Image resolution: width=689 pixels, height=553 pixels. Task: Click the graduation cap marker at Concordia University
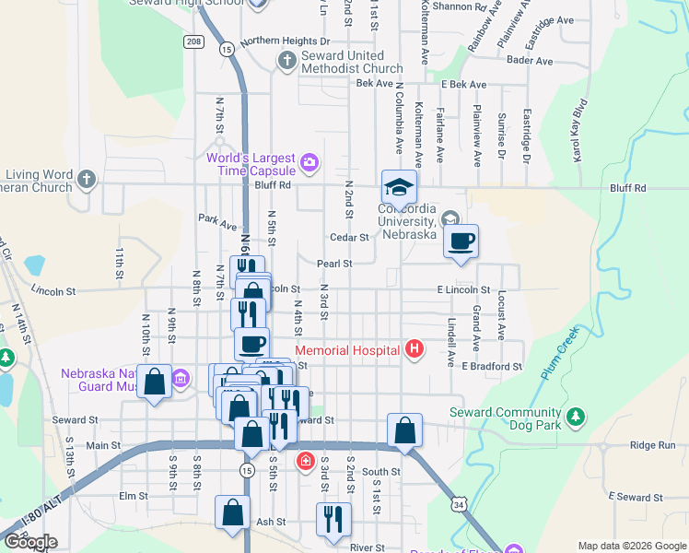pyautogui.click(x=400, y=187)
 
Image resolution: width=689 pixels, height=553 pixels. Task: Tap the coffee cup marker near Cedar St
pyautogui.click(x=461, y=241)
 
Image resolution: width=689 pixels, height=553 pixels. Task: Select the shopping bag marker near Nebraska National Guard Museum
pyautogui.click(x=155, y=381)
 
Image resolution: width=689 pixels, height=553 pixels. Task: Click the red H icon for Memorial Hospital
pyautogui.click(x=415, y=349)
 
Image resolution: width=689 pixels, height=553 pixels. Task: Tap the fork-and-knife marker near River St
pyautogui.click(x=333, y=519)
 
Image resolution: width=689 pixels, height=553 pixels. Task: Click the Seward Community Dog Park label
pyautogui.click(x=505, y=419)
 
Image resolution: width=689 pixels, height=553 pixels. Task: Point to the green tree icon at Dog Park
pyautogui.click(x=576, y=418)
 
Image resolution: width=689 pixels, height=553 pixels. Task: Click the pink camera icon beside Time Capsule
pyautogui.click(x=309, y=164)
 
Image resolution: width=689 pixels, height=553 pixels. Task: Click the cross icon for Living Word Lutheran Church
pyautogui.click(x=87, y=178)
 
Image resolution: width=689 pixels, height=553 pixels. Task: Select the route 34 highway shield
pyautogui.click(x=460, y=504)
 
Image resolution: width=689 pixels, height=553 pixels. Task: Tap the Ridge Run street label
pyautogui.click(x=652, y=444)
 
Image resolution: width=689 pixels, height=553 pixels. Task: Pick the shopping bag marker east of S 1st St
pyautogui.click(x=405, y=429)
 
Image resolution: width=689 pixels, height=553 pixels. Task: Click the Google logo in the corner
pyautogui.click(x=30, y=542)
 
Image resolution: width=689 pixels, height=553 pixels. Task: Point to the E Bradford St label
pyautogui.click(x=492, y=366)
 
